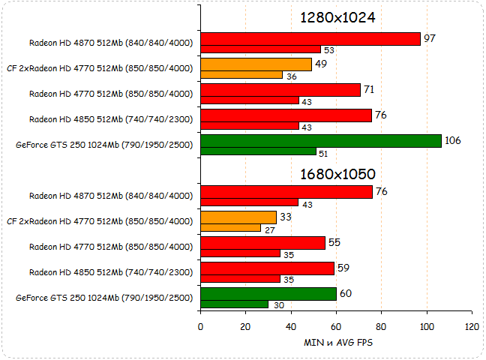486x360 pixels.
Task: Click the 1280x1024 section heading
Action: pyautogui.click(x=337, y=17)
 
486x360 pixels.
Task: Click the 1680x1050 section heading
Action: pyautogui.click(x=337, y=174)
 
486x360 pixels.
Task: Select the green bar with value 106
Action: pyautogui.click(x=321, y=140)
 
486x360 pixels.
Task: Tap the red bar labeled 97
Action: pyautogui.click(x=310, y=39)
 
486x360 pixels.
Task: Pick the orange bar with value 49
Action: pyautogui.click(x=256, y=64)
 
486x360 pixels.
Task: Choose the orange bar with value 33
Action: pyautogui.click(x=238, y=217)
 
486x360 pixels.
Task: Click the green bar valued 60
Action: pyautogui.click(x=268, y=294)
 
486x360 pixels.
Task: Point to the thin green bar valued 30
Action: pyautogui.click(x=234, y=304)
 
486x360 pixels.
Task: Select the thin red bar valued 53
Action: pyautogui.click(x=260, y=49)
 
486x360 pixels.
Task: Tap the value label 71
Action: pyautogui.click(x=368, y=89)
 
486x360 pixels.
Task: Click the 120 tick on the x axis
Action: pyautogui.click(x=472, y=327)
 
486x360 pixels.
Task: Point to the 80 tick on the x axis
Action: pyautogui.click(x=381, y=327)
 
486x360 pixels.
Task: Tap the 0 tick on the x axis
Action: pyautogui.click(x=200, y=327)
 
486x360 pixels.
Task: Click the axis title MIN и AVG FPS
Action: pyautogui.click(x=336, y=343)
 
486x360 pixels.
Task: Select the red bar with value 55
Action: pyautogui.click(x=263, y=243)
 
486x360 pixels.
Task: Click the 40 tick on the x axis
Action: pyautogui.click(x=290, y=327)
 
